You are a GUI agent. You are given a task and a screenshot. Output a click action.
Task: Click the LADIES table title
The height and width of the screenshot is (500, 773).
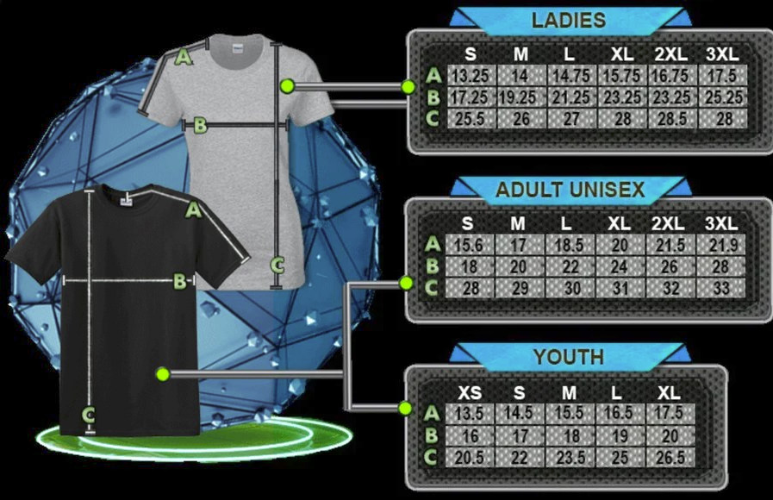tap(569, 20)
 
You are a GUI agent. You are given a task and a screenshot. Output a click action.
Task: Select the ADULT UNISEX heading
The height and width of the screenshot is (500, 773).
tap(570, 190)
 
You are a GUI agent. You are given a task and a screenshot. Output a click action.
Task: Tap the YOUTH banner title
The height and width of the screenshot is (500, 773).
tap(569, 357)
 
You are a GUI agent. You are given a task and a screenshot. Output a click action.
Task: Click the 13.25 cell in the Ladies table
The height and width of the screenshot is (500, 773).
tap(471, 76)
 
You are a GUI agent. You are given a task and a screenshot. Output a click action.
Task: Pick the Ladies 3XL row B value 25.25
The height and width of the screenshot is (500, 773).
tap(723, 97)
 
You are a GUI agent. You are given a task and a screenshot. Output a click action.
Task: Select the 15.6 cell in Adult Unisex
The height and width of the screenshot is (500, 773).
tap(468, 245)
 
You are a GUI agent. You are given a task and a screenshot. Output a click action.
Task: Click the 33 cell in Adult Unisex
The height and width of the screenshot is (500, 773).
tap(721, 288)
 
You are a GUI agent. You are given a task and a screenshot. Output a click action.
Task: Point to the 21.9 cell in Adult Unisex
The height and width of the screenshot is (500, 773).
tap(721, 245)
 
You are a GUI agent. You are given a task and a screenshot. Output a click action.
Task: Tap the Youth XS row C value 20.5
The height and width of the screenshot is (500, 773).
tap(470, 458)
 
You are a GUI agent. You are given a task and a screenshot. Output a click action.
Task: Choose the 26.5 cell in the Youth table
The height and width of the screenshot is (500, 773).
tap(670, 458)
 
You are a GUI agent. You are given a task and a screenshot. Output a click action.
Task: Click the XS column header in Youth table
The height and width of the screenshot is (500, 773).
tap(470, 393)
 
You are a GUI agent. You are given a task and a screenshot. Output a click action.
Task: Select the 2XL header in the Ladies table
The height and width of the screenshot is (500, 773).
tap(671, 54)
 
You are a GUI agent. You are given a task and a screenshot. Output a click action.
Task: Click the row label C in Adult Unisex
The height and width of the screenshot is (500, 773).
tap(432, 287)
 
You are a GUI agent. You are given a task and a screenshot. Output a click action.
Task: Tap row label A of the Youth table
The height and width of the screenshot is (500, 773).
tap(432, 413)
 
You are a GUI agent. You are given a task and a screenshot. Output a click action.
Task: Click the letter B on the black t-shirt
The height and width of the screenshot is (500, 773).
tap(180, 282)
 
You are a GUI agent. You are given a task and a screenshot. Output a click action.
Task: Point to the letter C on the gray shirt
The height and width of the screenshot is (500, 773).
tap(277, 266)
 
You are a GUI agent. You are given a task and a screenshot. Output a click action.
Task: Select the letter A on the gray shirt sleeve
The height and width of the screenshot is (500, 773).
tap(183, 57)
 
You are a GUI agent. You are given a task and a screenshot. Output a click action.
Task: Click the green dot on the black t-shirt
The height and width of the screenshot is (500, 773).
tap(163, 374)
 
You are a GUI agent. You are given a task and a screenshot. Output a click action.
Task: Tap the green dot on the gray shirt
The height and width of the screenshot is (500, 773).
tap(287, 86)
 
